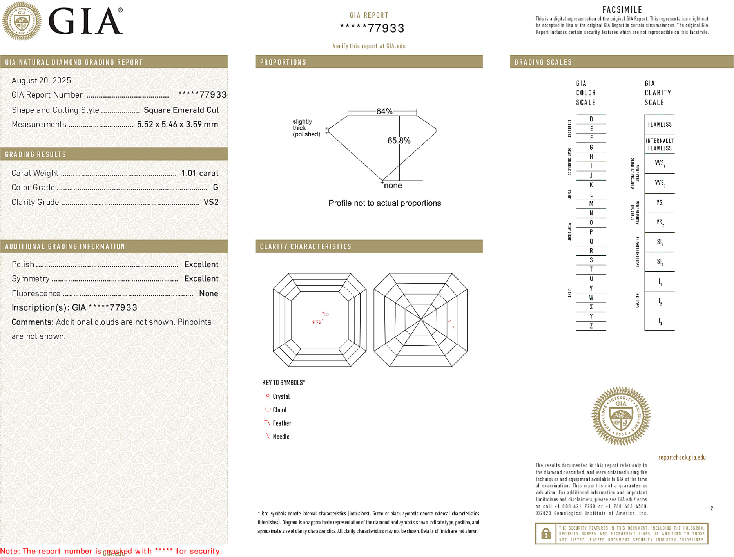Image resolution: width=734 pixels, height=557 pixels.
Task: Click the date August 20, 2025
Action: coord(41,80)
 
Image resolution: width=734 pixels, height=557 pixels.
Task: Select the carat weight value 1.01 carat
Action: coord(199,173)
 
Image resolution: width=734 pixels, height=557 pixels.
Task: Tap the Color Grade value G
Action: coord(215,188)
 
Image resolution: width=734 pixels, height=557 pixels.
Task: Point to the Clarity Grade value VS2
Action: coord(211,202)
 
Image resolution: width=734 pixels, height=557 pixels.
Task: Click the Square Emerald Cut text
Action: coord(181,110)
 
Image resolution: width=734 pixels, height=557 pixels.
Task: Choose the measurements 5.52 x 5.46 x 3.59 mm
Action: coord(177,125)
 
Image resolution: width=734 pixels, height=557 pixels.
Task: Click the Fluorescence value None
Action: coord(208,293)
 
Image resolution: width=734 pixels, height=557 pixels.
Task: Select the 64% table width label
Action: coord(384,111)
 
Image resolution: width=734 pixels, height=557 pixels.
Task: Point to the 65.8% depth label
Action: coord(399,141)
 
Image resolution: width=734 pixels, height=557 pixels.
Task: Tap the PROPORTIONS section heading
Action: coord(283,62)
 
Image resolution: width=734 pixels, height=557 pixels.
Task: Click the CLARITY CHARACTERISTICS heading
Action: coord(306,246)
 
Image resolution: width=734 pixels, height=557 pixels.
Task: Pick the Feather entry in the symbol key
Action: coord(281,423)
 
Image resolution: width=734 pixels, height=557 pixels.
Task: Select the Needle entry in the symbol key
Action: coord(281,437)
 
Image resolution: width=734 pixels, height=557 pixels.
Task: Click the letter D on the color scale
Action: coord(591,119)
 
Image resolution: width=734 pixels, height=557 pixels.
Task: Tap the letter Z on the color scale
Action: coord(591,326)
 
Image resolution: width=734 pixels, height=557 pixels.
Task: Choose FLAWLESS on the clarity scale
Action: coord(660,125)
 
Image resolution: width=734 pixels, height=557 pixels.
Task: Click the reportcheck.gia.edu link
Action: coord(681,458)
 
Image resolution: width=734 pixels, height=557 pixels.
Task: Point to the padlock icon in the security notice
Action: coord(546,533)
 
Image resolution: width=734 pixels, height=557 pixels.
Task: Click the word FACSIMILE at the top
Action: coord(622,9)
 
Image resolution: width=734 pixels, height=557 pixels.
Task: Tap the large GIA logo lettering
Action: coord(85,22)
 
